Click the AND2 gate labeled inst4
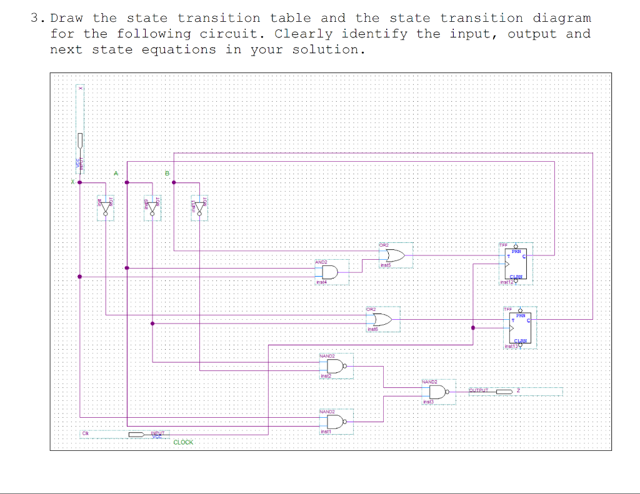click(x=329, y=272)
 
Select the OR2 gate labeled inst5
click(x=395, y=255)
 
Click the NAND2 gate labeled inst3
click(x=438, y=392)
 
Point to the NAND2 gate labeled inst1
click(x=335, y=422)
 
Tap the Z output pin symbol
click(x=504, y=392)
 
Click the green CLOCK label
click(x=183, y=442)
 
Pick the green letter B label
click(x=166, y=172)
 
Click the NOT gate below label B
click(x=199, y=206)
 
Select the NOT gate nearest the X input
click(x=105, y=206)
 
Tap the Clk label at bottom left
click(x=84, y=433)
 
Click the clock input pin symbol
click(x=137, y=434)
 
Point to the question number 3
click(x=35, y=18)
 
